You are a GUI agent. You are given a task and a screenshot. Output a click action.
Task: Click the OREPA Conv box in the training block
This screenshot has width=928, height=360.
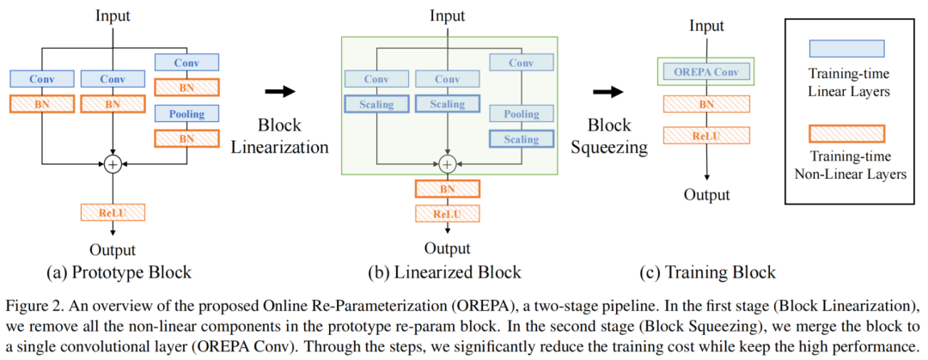706,70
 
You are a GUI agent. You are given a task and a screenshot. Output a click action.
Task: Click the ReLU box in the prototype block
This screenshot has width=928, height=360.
113,211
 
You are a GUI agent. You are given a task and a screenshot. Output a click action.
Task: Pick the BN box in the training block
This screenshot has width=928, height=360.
706,103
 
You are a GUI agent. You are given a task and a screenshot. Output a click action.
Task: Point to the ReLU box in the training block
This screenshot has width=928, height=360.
706,135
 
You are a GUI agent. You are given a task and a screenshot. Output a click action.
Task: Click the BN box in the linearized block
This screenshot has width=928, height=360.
447,189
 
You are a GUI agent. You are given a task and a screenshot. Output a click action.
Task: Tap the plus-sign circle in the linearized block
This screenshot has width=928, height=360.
447,164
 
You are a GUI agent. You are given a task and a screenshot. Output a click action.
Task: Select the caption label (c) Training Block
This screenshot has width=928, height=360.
706,273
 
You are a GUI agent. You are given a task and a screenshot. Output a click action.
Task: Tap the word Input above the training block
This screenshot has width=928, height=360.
706,25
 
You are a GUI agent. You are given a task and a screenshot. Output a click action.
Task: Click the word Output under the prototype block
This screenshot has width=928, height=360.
113,250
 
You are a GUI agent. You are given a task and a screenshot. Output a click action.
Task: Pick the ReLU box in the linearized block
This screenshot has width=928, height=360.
447,214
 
